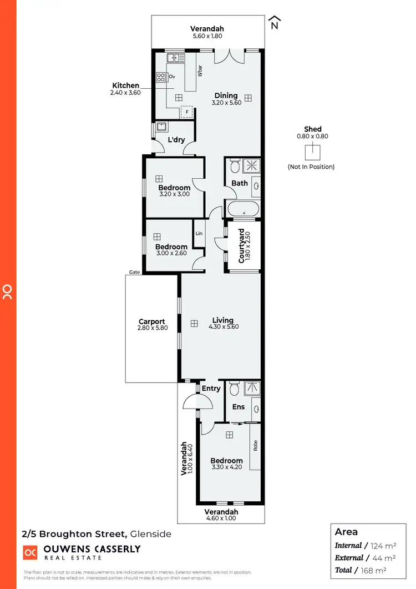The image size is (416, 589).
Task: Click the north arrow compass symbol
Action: coord(274,23)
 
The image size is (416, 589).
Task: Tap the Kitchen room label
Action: coord(126,85)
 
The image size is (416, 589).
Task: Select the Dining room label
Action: coord(226,95)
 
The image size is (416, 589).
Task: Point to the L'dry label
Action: coord(176,140)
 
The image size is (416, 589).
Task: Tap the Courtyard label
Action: coord(242,245)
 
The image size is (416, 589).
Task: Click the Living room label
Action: coord(222,320)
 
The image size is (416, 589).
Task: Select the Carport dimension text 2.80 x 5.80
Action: coord(151,329)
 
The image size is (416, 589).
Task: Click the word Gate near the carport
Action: coord(134,272)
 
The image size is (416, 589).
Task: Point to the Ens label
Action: coord(239,407)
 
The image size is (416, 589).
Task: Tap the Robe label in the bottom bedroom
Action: coord(256,446)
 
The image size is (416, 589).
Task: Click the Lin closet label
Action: coord(199,234)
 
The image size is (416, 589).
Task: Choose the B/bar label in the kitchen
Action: coord(200,72)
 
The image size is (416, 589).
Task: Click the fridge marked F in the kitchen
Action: coord(187,112)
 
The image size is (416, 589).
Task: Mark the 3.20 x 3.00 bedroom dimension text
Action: coord(174,195)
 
